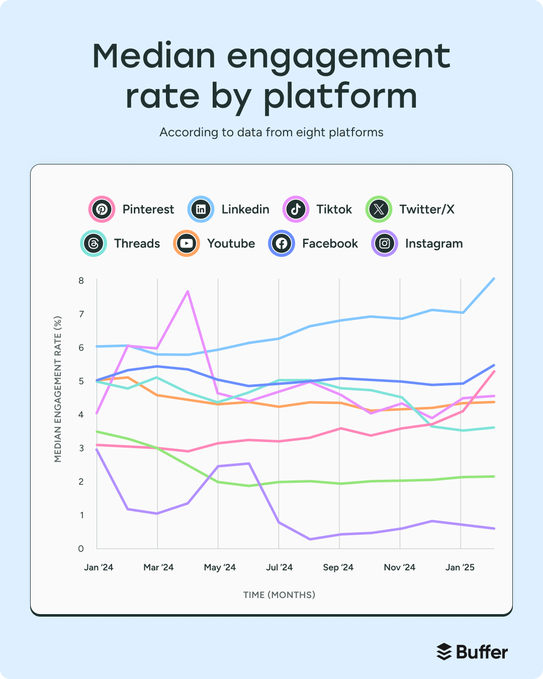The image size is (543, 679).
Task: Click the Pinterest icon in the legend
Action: (102, 209)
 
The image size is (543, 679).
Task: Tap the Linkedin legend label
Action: (245, 209)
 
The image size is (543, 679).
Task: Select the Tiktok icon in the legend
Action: (296, 209)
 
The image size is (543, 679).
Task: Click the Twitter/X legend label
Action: (426, 209)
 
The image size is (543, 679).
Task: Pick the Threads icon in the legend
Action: (94, 243)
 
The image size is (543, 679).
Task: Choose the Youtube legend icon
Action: (187, 243)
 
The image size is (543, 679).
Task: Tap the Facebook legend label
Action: (330, 243)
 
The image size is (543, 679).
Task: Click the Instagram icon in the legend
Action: (385, 243)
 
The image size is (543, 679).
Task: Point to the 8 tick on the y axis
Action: (81, 280)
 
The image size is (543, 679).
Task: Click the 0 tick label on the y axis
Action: (81, 548)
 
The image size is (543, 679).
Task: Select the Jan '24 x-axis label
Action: (99, 567)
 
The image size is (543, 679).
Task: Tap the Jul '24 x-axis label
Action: (279, 567)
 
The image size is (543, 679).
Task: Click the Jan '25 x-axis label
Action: (460, 567)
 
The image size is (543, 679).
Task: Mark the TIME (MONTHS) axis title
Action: (279, 595)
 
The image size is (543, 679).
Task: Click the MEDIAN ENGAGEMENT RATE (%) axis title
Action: (58, 389)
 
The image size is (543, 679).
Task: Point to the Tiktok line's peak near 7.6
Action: (188, 291)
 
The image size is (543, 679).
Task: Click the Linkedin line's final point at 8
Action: (494, 279)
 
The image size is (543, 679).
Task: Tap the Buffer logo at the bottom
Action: (472, 652)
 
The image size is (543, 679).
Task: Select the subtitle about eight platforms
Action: (271, 132)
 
